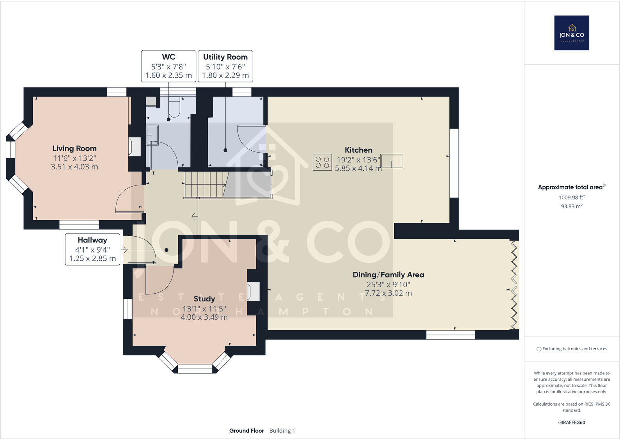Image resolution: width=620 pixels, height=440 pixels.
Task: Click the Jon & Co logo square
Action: pyautogui.click(x=572, y=33)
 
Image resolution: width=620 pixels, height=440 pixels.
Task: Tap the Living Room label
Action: pyautogui.click(x=74, y=148)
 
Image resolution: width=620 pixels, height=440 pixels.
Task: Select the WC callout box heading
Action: pyautogui.click(x=168, y=57)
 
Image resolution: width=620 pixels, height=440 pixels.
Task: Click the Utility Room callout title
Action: pyautogui.click(x=225, y=57)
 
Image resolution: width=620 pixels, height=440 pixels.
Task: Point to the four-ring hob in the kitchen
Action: pyautogui.click(x=322, y=162)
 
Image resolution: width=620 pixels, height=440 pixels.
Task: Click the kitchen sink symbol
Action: pyautogui.click(x=391, y=161)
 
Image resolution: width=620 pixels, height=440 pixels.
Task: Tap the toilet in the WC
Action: pyautogui.click(x=174, y=107)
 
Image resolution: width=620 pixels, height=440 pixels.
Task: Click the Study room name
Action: pyautogui.click(x=204, y=299)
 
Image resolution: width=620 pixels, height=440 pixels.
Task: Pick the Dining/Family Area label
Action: pyautogui.click(x=388, y=275)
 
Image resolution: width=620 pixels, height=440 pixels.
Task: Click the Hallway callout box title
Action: pyautogui.click(x=92, y=240)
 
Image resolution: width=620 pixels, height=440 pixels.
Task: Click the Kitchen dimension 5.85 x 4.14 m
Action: pyautogui.click(x=358, y=168)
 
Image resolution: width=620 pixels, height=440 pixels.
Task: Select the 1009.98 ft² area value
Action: pyautogui.click(x=572, y=197)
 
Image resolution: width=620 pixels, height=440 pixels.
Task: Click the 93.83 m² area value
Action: pyautogui.click(x=572, y=206)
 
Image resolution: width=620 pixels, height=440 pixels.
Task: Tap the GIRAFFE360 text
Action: pyautogui.click(x=572, y=422)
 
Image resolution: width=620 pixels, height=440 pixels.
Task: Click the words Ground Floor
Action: pyautogui.click(x=246, y=431)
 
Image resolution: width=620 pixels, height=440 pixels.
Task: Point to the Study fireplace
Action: pyautogui.click(x=253, y=292)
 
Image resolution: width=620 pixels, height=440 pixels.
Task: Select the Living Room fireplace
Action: pyautogui.click(x=135, y=146)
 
